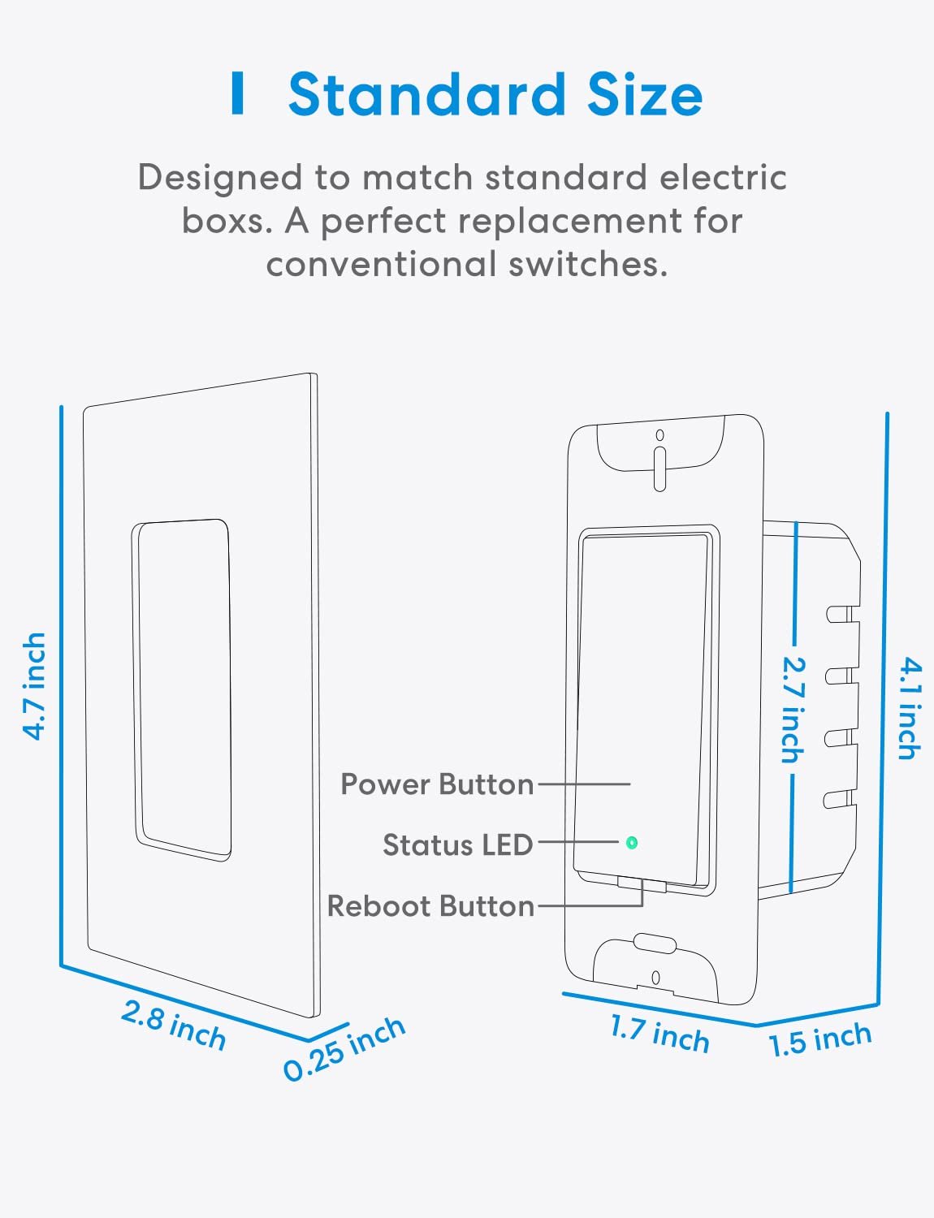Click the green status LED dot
click(x=631, y=843)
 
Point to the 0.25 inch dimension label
click(x=344, y=1049)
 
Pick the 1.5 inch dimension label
click(x=819, y=1040)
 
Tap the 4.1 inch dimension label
click(x=910, y=709)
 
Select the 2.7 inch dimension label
click(x=793, y=710)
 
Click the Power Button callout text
click(x=437, y=784)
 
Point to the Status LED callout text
click(x=457, y=844)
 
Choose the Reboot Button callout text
click(x=430, y=906)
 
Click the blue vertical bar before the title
click(x=238, y=93)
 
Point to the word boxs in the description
click(x=227, y=221)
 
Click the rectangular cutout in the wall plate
click(x=182, y=690)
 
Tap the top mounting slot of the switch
click(x=659, y=469)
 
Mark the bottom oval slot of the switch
click(x=655, y=943)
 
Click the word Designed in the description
click(x=220, y=179)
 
